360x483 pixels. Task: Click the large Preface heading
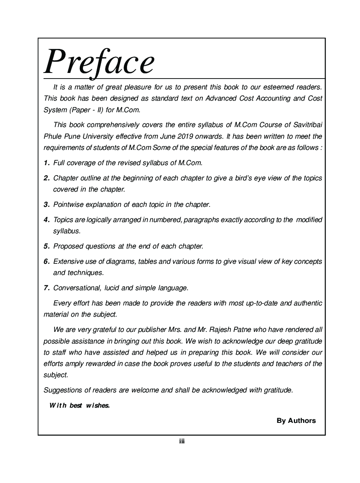(x=99, y=62)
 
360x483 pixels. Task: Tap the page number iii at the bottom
(x=182, y=441)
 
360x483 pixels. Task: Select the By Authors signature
(x=296, y=420)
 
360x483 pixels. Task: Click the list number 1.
(x=47, y=163)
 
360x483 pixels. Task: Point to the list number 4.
(x=47, y=220)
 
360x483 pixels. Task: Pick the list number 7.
(x=47, y=288)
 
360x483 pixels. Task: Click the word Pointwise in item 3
(x=69, y=204)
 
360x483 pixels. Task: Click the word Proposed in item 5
(x=67, y=246)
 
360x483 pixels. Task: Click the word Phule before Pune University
(x=52, y=136)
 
